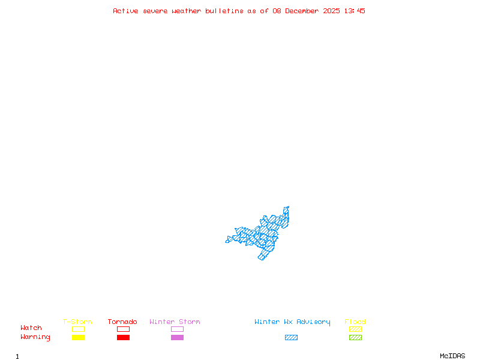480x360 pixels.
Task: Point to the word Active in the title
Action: point(126,11)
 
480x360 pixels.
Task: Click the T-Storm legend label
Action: point(77,322)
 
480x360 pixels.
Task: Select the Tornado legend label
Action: point(122,322)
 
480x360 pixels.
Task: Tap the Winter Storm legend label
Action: point(175,322)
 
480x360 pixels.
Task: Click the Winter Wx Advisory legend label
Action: point(292,322)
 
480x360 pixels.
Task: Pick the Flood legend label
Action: point(355,322)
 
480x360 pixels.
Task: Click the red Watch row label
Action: point(31,328)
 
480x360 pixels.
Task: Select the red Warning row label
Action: point(35,337)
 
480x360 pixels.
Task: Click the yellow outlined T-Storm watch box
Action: point(78,329)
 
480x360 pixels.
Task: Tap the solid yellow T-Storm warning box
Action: point(78,338)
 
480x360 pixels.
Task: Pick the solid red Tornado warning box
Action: point(123,338)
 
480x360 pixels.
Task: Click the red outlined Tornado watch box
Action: point(123,329)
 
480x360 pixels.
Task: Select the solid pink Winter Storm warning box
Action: point(177,338)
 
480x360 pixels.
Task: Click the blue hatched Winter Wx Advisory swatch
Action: point(291,338)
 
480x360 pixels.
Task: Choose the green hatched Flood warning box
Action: point(355,338)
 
